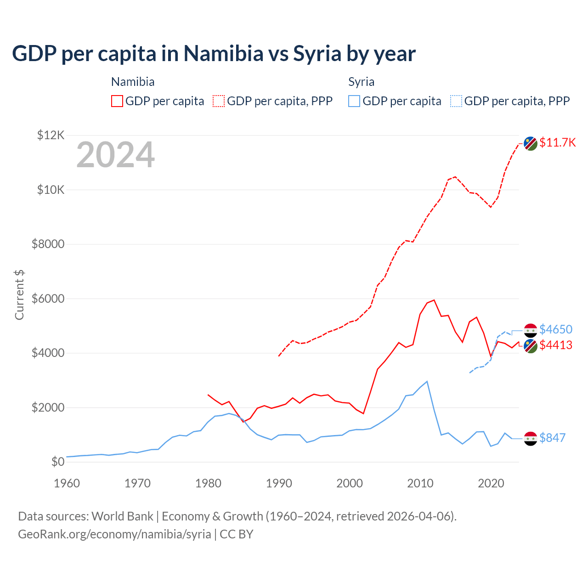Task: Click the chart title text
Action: (x=214, y=54)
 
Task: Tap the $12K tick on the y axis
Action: (x=51, y=135)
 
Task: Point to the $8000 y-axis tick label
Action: (x=48, y=244)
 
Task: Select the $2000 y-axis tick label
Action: (x=48, y=407)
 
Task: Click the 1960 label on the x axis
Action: (x=67, y=483)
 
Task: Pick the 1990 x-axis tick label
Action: (x=279, y=483)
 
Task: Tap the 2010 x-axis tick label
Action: (x=420, y=483)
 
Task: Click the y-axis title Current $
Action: (x=19, y=295)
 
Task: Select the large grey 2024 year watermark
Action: (x=115, y=155)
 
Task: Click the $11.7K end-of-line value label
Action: (x=557, y=142)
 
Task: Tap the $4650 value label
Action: (x=556, y=329)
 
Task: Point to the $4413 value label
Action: (x=556, y=345)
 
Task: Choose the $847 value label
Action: (x=552, y=438)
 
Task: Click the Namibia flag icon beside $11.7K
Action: (x=531, y=143)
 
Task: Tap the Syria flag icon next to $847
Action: (x=531, y=439)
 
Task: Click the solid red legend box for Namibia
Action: (x=117, y=101)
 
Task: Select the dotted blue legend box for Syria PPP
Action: (x=456, y=101)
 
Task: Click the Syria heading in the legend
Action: (x=361, y=82)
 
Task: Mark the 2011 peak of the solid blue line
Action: (x=427, y=381)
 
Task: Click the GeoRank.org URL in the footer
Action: (x=114, y=534)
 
